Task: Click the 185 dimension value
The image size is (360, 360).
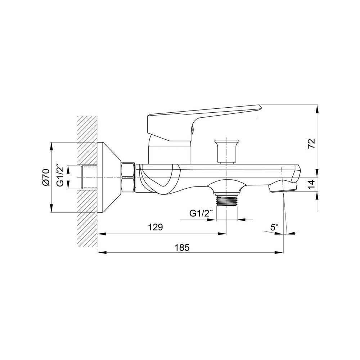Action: point(182,248)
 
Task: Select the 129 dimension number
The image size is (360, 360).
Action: point(155,227)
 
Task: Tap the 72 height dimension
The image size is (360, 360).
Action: point(311,144)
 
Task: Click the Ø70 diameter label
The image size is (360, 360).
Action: point(45,177)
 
